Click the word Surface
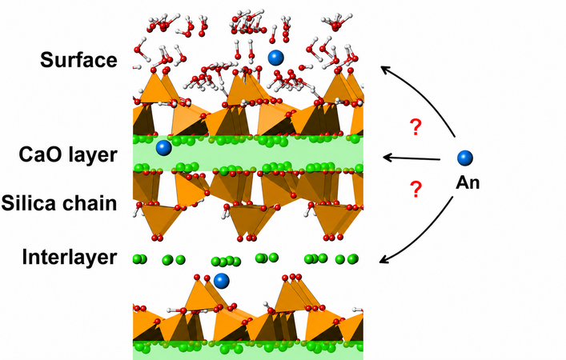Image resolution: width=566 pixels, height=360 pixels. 78,59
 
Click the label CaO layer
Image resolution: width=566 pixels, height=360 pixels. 68,155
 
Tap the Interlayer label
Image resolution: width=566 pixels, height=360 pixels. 70,257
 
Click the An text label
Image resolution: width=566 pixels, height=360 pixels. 468,182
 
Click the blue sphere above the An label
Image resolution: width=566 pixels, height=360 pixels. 465,158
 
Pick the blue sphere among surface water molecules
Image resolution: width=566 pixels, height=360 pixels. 275,58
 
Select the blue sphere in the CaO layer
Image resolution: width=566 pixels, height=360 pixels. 163,148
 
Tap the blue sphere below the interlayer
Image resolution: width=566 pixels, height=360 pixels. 221,281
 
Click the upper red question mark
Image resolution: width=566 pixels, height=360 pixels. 415,127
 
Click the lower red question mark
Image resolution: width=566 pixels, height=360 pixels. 415,189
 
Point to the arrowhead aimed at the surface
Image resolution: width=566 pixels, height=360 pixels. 385,70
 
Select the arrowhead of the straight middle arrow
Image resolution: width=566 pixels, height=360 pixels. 386,158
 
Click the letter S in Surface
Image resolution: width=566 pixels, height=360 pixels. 46,60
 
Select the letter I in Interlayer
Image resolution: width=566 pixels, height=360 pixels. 25,257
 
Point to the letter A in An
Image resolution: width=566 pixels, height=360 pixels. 462,182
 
